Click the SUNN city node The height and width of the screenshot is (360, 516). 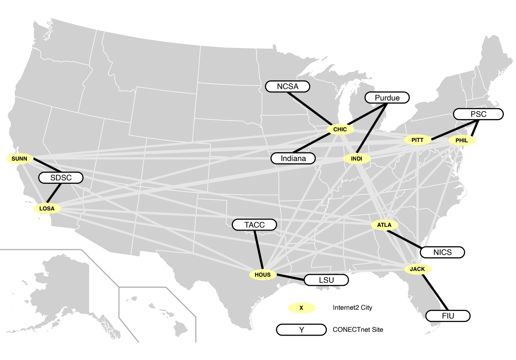point(19,159)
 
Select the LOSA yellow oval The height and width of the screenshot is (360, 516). point(47,209)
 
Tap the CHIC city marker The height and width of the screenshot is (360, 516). point(340,129)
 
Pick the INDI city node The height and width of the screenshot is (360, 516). point(357,159)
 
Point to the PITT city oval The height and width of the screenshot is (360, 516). point(417,140)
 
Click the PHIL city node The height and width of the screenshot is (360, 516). point(462,140)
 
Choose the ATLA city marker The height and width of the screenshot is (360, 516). point(384,225)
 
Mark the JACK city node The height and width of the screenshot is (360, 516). point(417,269)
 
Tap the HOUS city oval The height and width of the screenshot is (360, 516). point(263,275)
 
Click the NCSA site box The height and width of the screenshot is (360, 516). point(288,86)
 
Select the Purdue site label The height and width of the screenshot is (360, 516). point(387,98)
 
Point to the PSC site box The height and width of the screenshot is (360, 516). point(478,114)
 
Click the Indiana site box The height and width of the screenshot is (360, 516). point(293,158)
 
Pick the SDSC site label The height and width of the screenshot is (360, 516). point(61,178)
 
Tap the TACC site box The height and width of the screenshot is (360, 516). point(254,225)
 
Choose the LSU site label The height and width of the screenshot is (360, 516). point(326,280)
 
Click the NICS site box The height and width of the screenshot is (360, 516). point(442,252)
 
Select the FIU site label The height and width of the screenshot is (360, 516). point(448,316)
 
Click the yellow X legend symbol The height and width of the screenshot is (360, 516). point(301,308)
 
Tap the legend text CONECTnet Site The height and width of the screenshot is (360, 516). point(358,330)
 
